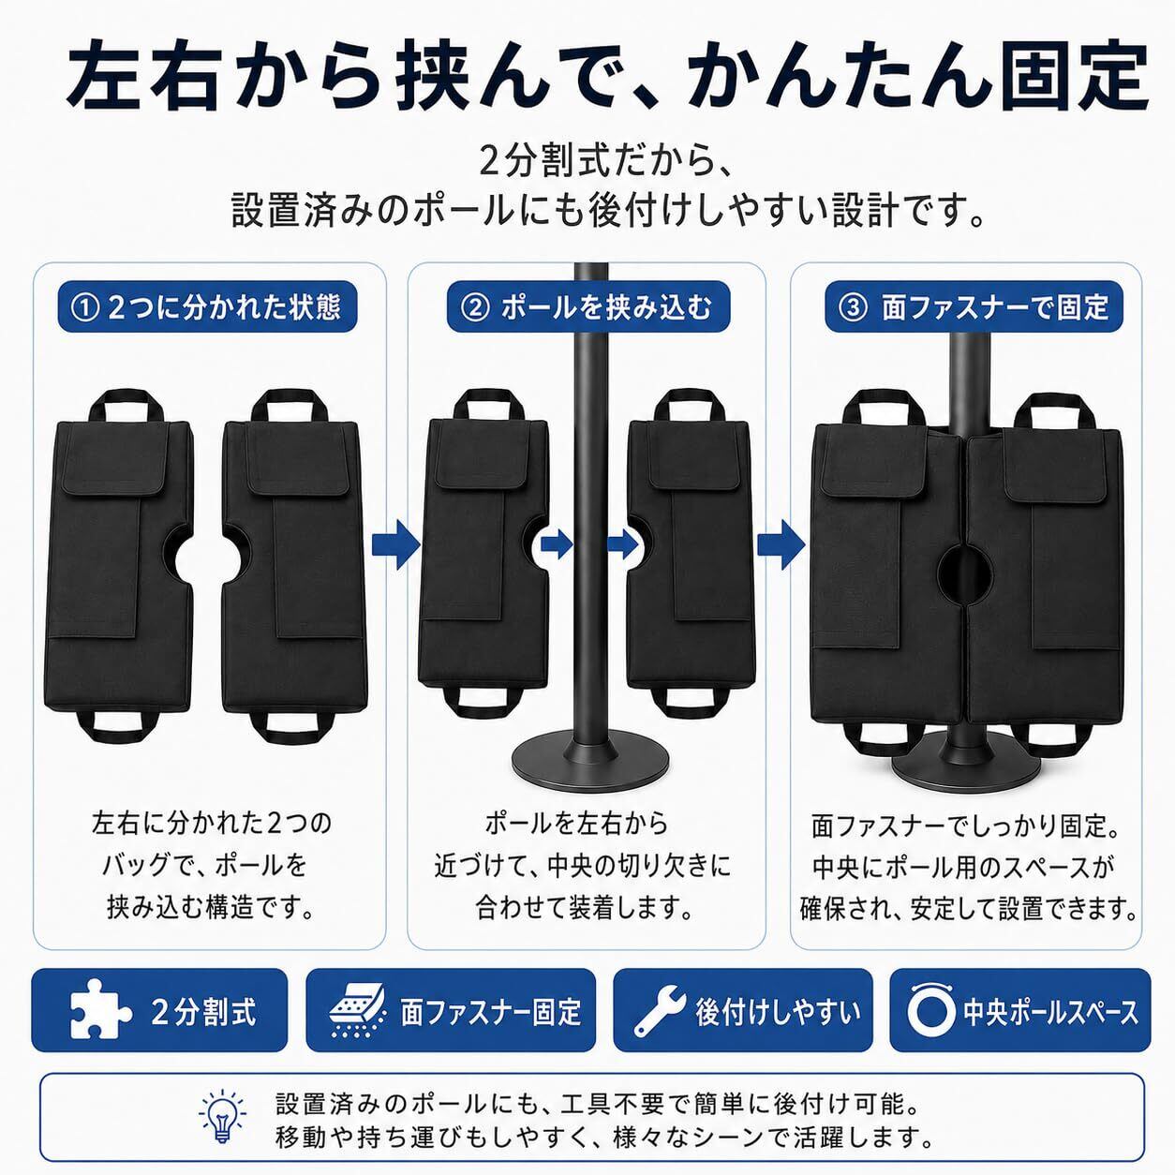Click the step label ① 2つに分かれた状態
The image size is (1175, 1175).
click(x=207, y=307)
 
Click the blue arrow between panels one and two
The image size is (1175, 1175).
click(x=396, y=544)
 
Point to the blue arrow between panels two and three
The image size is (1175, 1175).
click(x=781, y=544)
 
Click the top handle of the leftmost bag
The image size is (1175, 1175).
click(x=127, y=405)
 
